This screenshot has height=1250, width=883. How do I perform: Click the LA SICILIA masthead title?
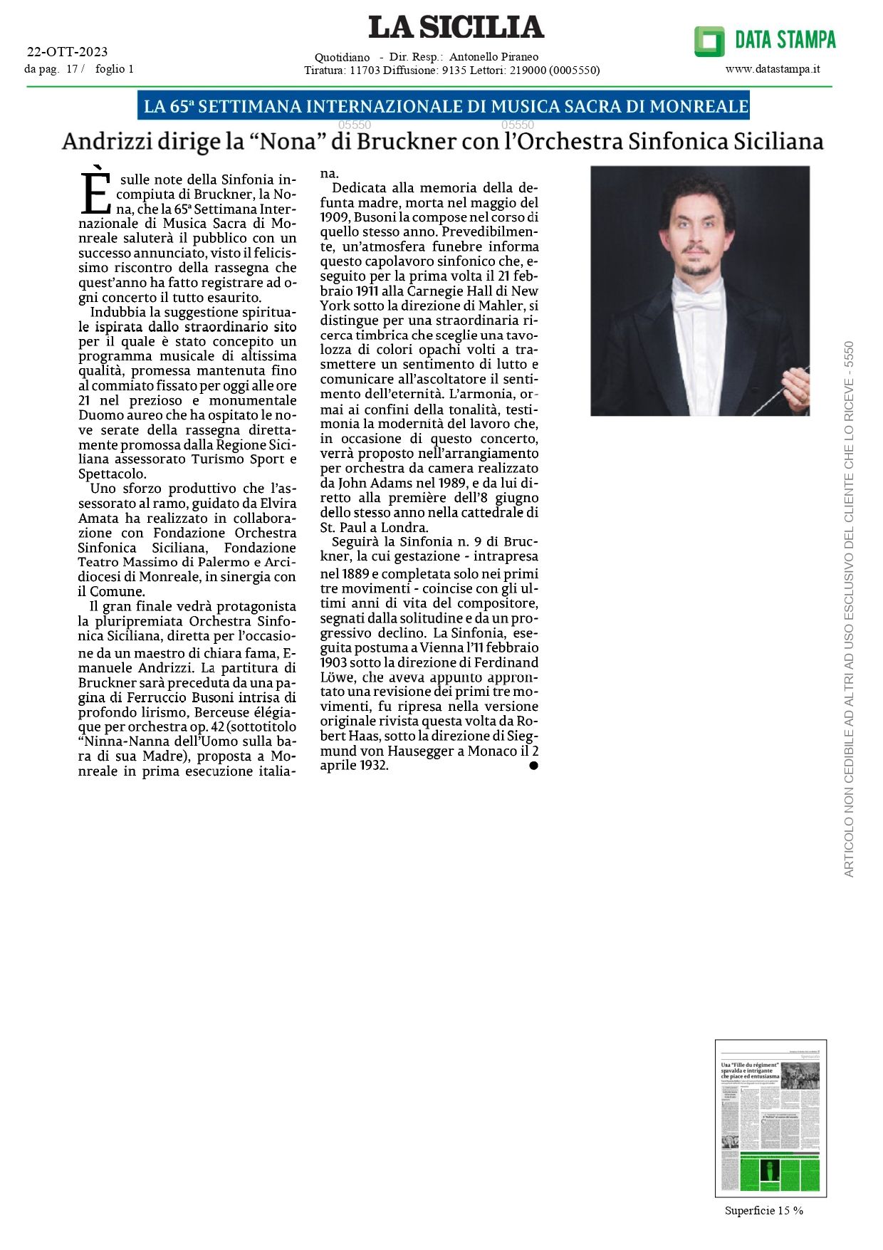(x=456, y=28)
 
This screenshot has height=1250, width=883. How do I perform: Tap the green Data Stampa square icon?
(x=709, y=41)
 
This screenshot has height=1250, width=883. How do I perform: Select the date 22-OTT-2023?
(x=67, y=51)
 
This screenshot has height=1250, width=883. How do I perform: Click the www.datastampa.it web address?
(x=773, y=69)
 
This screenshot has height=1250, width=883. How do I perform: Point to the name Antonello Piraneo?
(x=493, y=56)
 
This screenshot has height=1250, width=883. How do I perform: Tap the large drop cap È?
(x=95, y=190)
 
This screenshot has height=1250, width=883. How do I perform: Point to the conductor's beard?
(x=697, y=269)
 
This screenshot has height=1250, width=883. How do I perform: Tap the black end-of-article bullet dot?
(x=533, y=766)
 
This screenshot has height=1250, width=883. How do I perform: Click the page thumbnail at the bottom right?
(x=770, y=1118)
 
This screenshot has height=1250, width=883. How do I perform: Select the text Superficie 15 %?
(x=763, y=1210)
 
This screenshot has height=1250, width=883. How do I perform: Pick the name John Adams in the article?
(x=353, y=483)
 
